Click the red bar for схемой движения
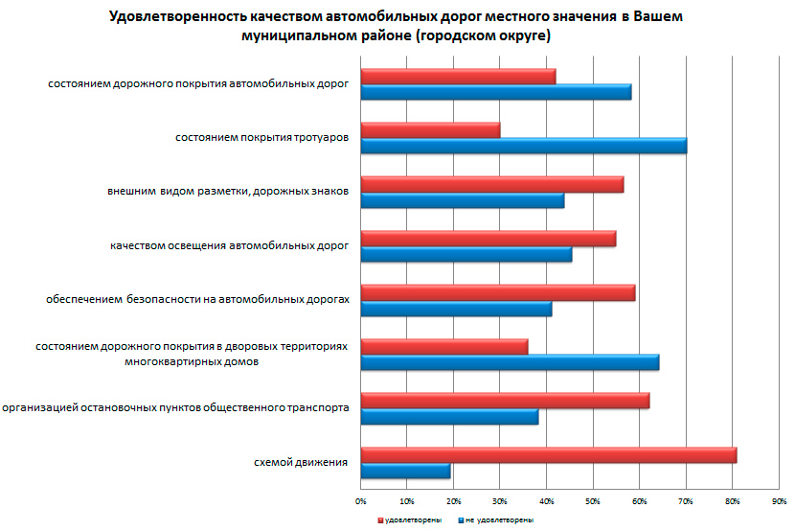pos(548,455)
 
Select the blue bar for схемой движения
pos(405,472)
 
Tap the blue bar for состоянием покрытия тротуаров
pos(523,146)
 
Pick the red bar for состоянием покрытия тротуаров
pos(430,129)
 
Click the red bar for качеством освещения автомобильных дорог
pos(488,239)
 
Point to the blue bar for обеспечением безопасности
pos(456,309)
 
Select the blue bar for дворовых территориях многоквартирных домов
pos(510,362)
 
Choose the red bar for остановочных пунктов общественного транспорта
pos(505,401)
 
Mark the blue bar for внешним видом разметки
pos(462,200)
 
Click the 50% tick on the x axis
pos(593,500)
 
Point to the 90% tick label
pos(779,500)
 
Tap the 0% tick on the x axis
pos(361,500)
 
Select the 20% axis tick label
pos(453,500)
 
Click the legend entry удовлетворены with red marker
pos(407,519)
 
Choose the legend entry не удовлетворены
pos(496,519)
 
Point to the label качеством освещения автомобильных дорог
pos(229,246)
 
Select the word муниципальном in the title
pos(294,35)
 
